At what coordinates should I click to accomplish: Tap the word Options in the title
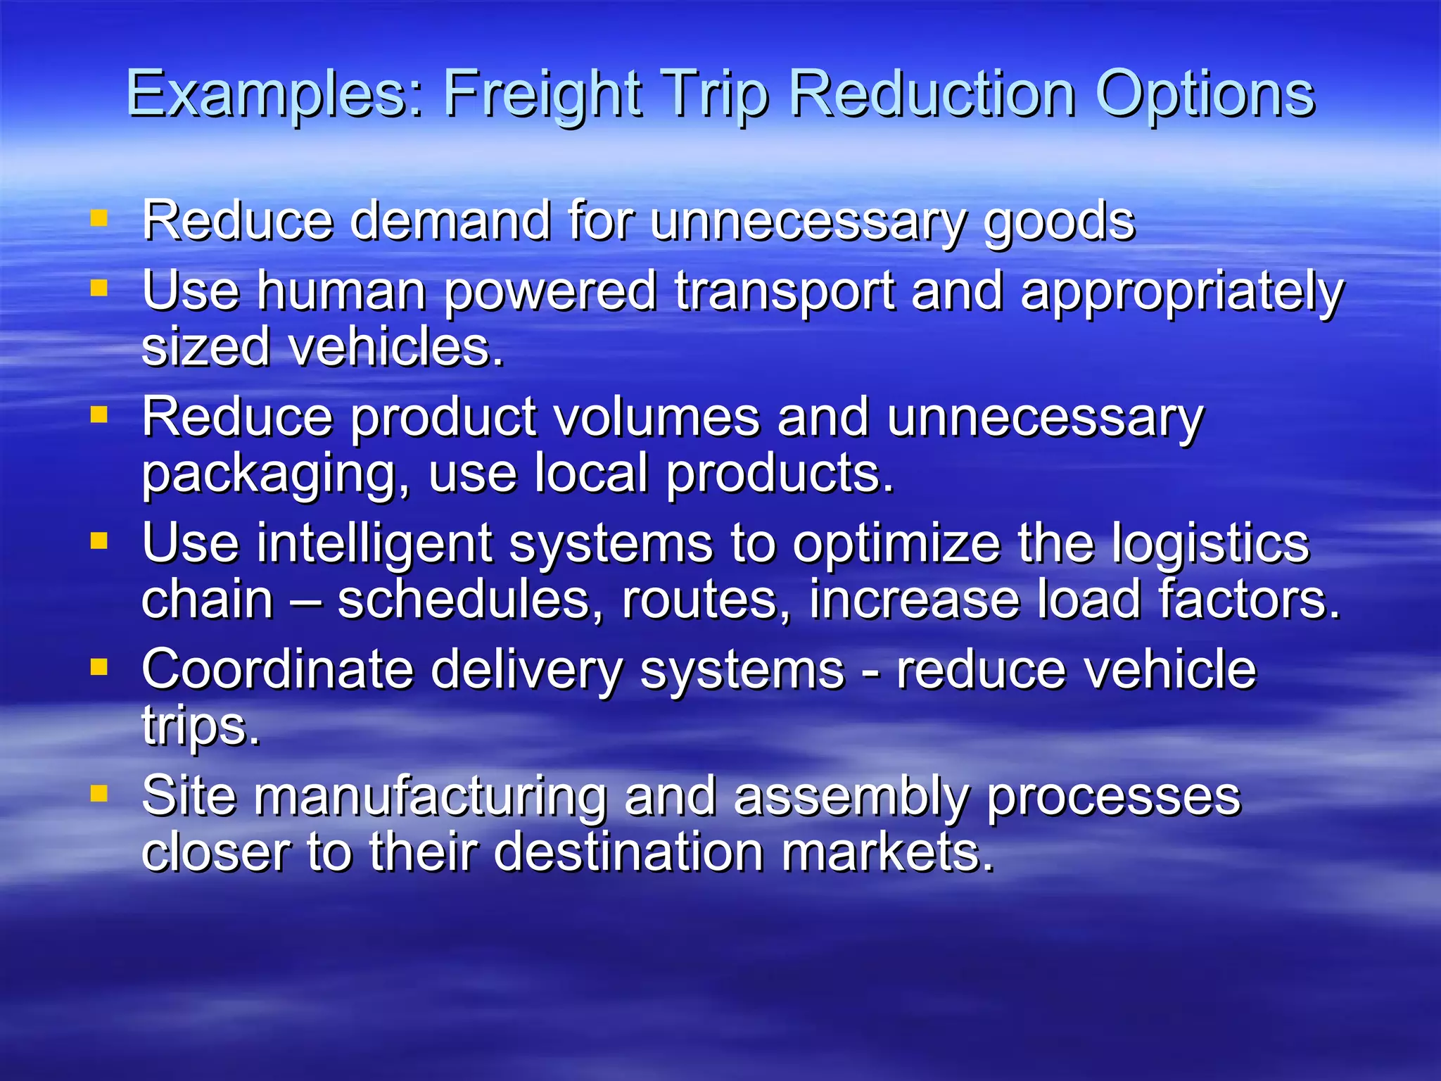[1205, 95]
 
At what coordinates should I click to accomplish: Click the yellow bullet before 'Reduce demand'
[99, 219]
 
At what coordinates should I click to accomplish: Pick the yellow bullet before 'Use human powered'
[99, 289]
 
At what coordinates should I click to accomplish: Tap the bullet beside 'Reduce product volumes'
[99, 415]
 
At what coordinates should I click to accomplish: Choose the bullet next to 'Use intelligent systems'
[99, 540]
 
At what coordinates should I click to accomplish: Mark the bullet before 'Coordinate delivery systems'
[99, 666]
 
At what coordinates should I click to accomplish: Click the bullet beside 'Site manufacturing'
[99, 793]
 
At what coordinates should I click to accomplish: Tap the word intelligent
[374, 545]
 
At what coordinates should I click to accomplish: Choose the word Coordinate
[277, 670]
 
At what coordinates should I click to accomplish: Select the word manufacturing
[429, 797]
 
